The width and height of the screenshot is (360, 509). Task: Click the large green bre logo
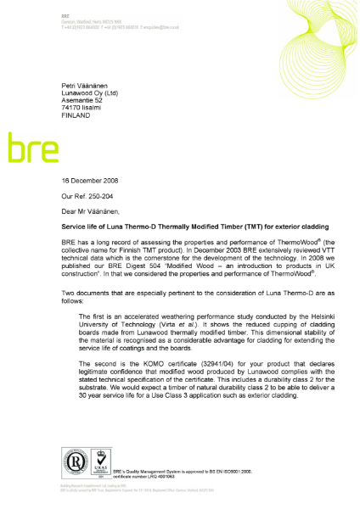click(33, 148)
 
